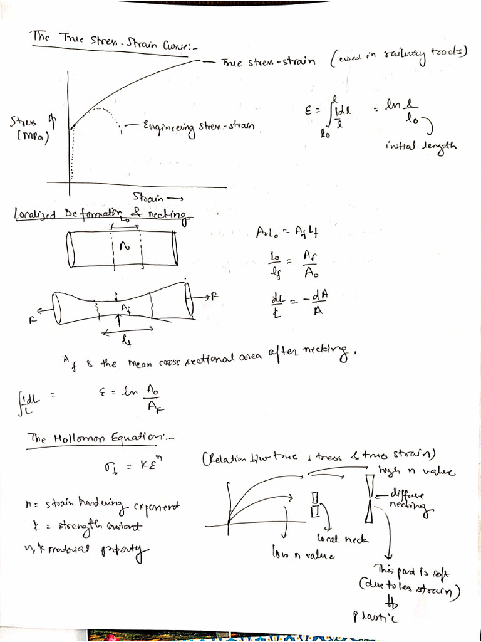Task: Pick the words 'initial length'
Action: click(422, 146)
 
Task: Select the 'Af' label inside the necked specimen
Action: click(126, 308)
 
